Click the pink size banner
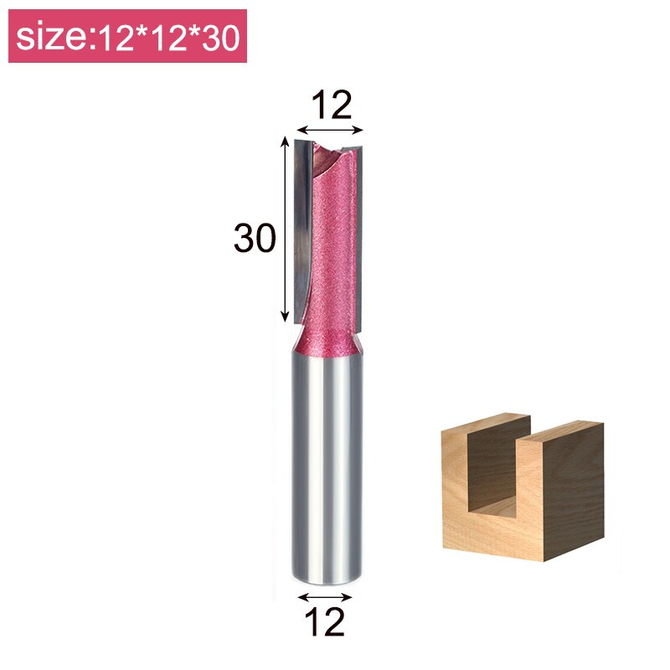[127, 37]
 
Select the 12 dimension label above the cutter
[331, 106]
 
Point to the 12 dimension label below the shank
[326, 622]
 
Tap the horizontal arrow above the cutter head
[331, 130]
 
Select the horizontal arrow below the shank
[326, 597]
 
